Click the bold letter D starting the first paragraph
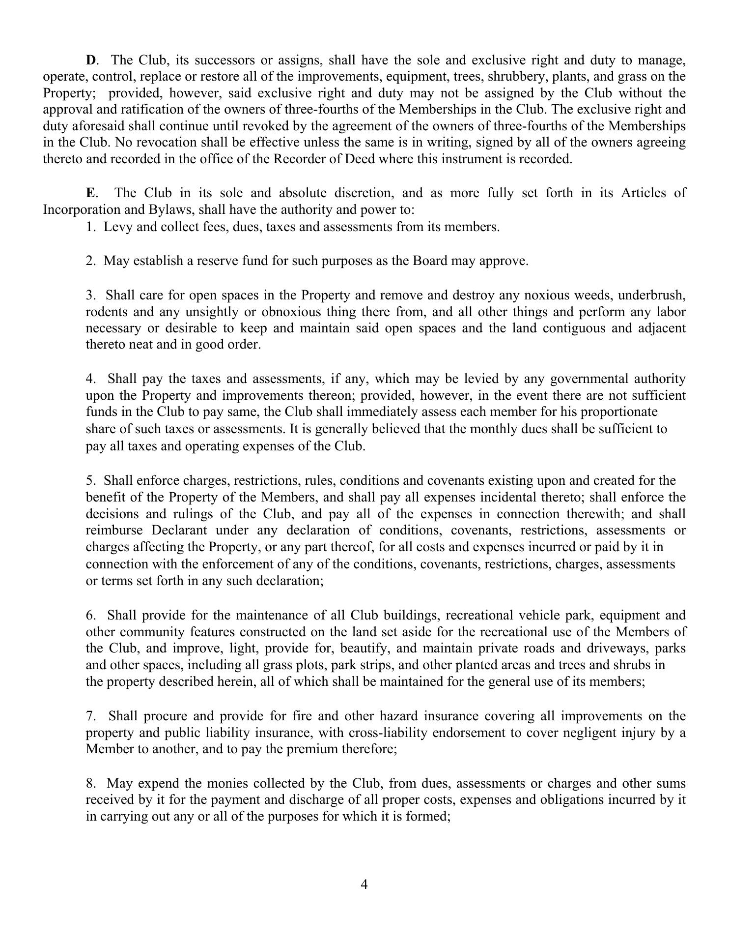(x=91, y=60)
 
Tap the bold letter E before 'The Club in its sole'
(x=90, y=193)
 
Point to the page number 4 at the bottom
(x=364, y=884)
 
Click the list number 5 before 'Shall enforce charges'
(x=90, y=480)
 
